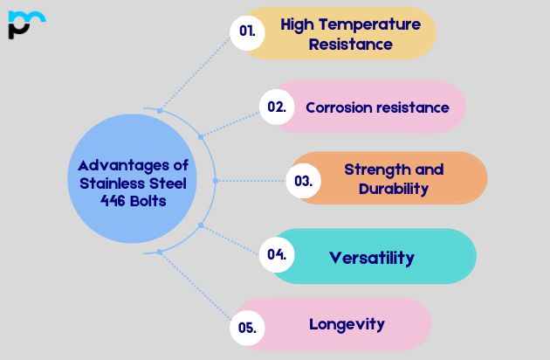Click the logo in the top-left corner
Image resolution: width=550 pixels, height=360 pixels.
[25, 24]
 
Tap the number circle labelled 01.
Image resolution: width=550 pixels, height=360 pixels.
[247, 31]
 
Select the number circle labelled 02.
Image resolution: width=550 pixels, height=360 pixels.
[277, 107]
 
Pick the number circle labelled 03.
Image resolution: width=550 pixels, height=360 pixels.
[304, 181]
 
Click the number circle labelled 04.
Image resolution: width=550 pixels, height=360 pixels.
[278, 254]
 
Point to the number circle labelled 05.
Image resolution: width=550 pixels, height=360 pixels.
[247, 328]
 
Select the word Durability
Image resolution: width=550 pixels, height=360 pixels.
[394, 188]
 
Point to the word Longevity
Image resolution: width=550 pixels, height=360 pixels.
[347, 323]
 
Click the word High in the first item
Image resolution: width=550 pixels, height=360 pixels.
[297, 24]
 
